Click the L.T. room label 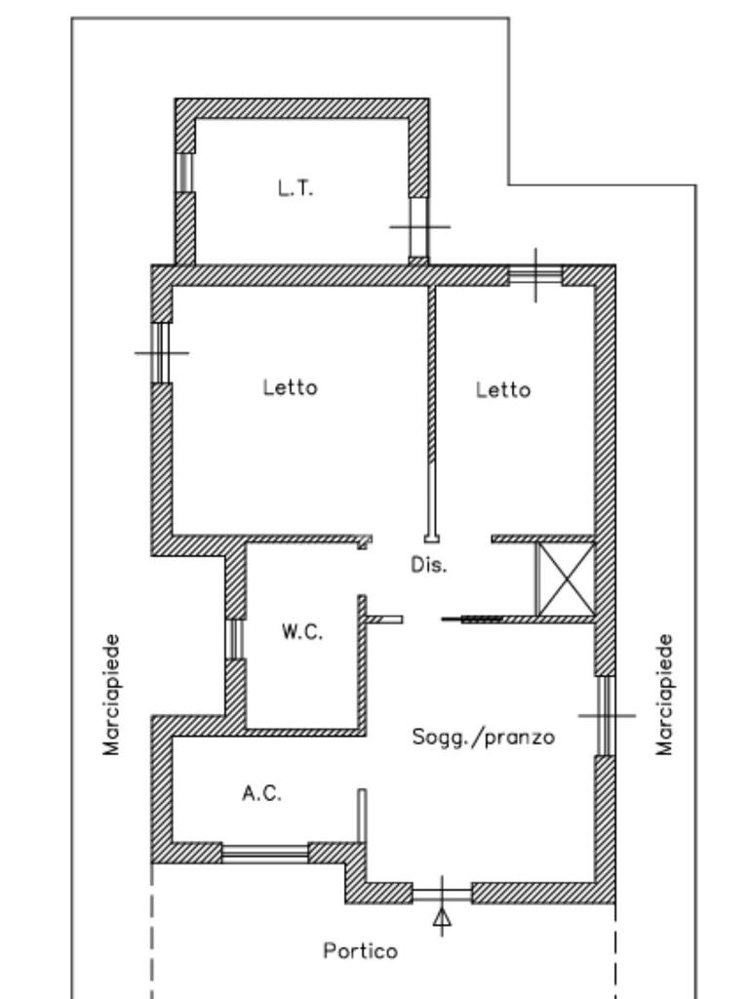296,189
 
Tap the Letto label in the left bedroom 290,387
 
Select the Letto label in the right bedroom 503,390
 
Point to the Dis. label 428,565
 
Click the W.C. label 302,632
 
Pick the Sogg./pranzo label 484,738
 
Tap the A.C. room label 261,793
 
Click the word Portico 361,950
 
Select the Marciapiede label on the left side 112,695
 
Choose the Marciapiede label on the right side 665,695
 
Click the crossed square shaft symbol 567,579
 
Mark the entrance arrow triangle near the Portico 442,917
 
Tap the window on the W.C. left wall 235,639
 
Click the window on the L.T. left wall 184,173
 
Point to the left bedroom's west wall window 162,352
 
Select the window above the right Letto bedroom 535,275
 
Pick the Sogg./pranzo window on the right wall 606,715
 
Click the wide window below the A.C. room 265,854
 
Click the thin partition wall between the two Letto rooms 431,410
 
